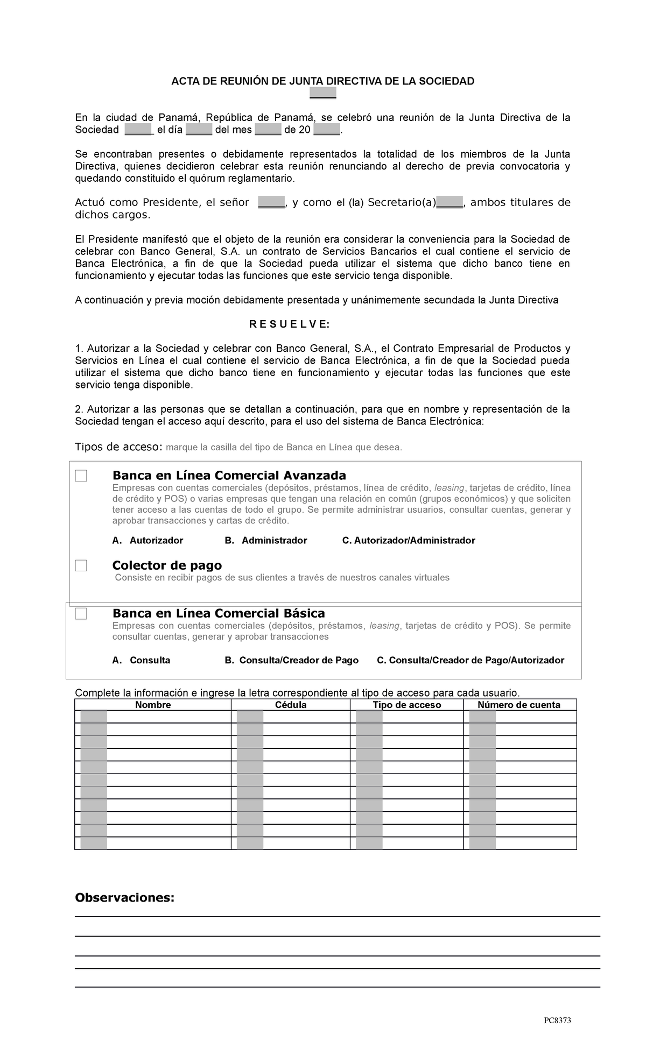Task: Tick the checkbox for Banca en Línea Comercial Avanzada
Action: click(81, 476)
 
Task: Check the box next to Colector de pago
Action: click(81, 565)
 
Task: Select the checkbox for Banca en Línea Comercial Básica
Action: click(81, 613)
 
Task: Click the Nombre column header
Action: click(153, 705)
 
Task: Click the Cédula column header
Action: click(291, 705)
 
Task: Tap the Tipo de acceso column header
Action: click(406, 705)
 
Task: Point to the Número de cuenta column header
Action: click(519, 705)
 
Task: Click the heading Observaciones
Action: click(125, 897)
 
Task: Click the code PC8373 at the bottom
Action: click(557, 1021)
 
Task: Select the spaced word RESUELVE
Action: click(289, 324)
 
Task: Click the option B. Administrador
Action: click(266, 540)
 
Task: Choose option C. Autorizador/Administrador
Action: click(409, 540)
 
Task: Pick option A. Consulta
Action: click(142, 660)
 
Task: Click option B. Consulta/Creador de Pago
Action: click(291, 660)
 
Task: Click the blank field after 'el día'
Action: click(199, 130)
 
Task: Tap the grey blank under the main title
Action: click(323, 94)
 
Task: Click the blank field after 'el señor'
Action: click(271, 203)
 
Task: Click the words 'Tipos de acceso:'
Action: click(118, 447)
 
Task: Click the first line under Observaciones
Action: click(337, 916)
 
